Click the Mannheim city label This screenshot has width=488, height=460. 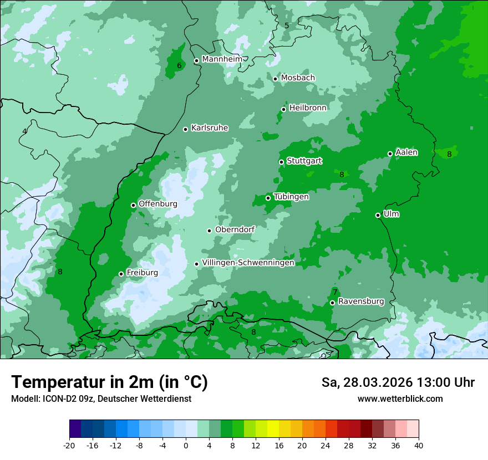222,59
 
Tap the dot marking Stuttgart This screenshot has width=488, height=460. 281,162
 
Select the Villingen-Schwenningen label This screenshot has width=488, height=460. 248,263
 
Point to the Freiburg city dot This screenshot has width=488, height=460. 121,274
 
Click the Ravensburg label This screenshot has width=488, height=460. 361,301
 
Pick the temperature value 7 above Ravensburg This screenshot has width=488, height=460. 335,292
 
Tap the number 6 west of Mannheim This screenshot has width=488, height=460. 179,65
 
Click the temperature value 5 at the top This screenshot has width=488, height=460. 287,25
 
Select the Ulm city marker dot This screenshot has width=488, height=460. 378,215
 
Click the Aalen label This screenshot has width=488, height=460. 406,152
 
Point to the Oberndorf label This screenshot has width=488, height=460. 235,229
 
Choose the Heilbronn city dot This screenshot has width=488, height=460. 283,109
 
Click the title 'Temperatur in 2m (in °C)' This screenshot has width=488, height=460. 109,382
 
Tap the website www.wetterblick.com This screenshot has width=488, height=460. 400,398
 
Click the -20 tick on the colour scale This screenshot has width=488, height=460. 69,445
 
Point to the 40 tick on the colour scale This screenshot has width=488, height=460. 418,445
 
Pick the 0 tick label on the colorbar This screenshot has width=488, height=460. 186,445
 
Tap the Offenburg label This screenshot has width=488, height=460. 158,204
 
